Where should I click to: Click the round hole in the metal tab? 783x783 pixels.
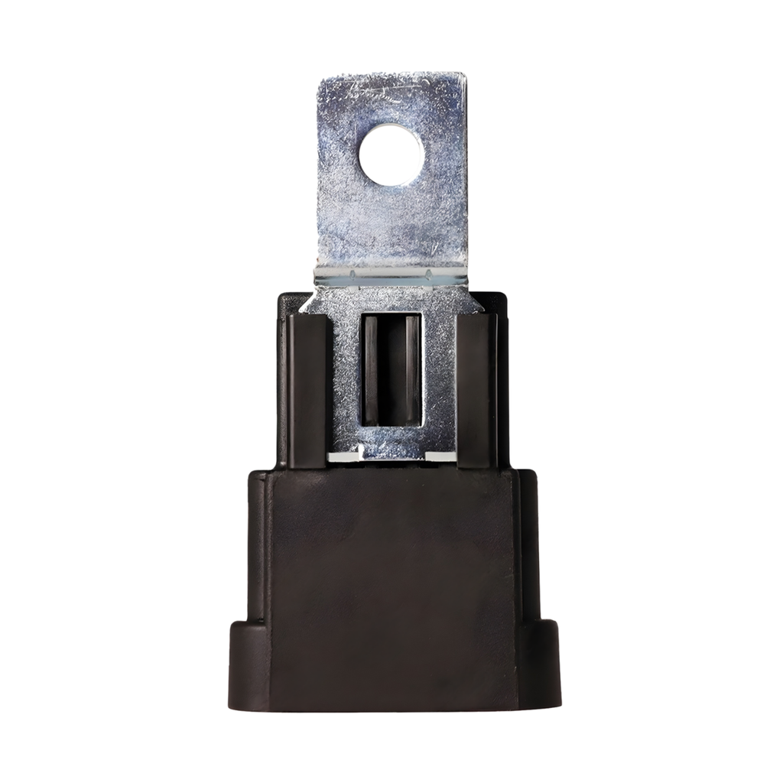(391, 156)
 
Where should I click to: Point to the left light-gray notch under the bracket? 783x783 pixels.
(343, 456)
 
